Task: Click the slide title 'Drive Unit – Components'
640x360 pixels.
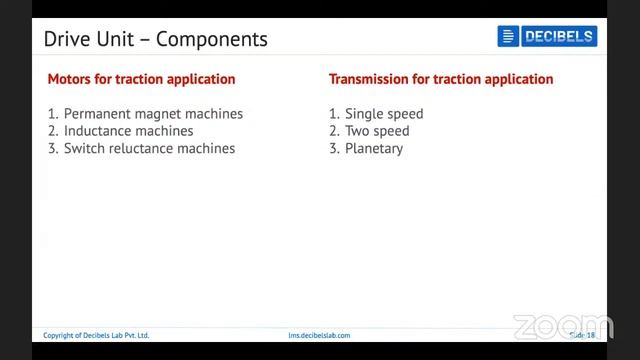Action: pyautogui.click(x=155, y=40)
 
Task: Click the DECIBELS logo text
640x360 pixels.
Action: pyautogui.click(x=558, y=37)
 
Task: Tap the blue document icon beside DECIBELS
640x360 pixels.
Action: pyautogui.click(x=508, y=37)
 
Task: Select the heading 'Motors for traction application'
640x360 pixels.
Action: pyautogui.click(x=141, y=79)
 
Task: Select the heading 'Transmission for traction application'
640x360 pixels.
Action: pyautogui.click(x=441, y=79)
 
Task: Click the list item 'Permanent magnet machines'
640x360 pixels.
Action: pyautogui.click(x=153, y=114)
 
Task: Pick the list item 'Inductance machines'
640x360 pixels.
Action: pyautogui.click(x=128, y=131)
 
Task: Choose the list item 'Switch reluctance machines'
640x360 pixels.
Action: pyautogui.click(x=149, y=148)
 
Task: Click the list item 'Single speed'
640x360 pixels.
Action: pyautogui.click(x=384, y=114)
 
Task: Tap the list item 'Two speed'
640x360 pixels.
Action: pyautogui.click(x=377, y=131)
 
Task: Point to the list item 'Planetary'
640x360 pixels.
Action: pyautogui.click(x=374, y=148)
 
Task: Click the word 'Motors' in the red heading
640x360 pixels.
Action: pyautogui.click(x=70, y=79)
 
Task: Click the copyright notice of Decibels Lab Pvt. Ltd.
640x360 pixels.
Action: pyautogui.click(x=96, y=335)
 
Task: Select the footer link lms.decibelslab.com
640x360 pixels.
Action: pyautogui.click(x=319, y=335)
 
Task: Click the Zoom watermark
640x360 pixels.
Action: pyautogui.click(x=562, y=327)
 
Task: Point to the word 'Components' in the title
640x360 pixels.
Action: pyautogui.click(x=211, y=40)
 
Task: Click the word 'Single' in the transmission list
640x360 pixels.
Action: pyautogui.click(x=364, y=114)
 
